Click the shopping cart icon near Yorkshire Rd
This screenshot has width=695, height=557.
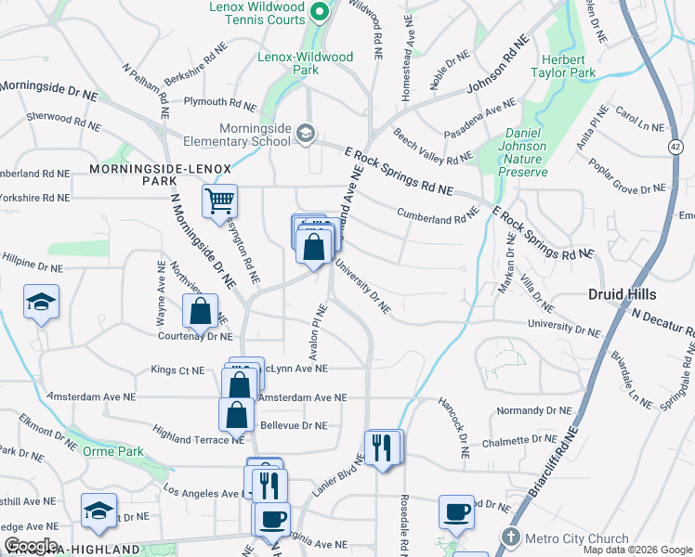[x=220, y=200]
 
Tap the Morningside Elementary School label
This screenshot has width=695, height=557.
[x=242, y=135]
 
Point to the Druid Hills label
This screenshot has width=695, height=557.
[x=623, y=294]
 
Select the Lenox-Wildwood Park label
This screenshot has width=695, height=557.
[x=306, y=63]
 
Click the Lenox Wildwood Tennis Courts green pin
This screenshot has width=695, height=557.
[x=320, y=12]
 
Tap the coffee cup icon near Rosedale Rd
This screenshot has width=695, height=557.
[x=456, y=511]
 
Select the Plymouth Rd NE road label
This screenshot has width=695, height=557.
[x=219, y=102]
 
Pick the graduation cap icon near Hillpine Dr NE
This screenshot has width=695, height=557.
[x=40, y=302]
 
